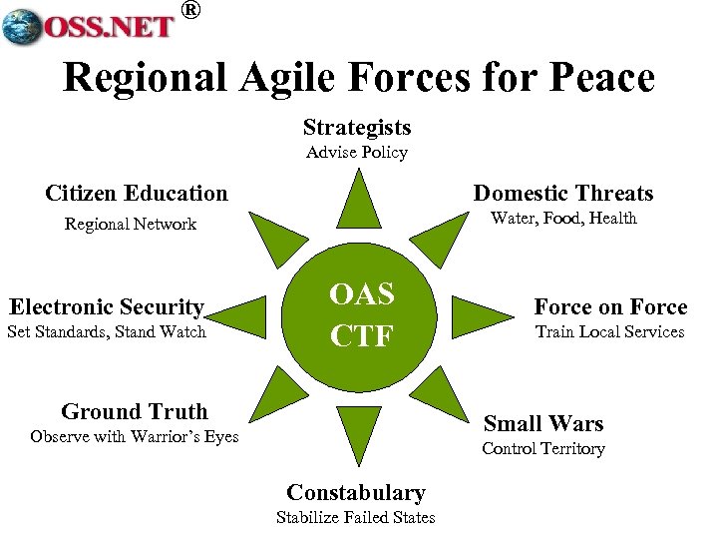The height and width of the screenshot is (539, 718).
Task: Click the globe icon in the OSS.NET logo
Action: coord(24,28)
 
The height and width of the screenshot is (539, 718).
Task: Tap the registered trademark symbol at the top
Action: coord(191,11)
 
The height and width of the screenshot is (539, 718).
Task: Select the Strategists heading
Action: coord(357,128)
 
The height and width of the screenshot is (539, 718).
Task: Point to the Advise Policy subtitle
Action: coord(357,153)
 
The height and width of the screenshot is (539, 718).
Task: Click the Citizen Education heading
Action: coord(137,193)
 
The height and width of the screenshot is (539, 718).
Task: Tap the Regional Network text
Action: coord(131,224)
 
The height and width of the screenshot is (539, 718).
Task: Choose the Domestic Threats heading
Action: coord(563,193)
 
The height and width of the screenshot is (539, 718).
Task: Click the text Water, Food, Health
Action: coord(564,219)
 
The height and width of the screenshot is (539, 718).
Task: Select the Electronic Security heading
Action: coord(107,307)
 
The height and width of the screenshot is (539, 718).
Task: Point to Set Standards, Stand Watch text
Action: coord(107,331)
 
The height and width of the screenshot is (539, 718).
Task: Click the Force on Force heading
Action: coord(610,306)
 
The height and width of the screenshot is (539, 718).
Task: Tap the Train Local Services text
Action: coord(610,331)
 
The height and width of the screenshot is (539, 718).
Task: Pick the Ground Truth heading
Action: coord(135,411)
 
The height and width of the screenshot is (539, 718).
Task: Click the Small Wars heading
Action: coord(543,423)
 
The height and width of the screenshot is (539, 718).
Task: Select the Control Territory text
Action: coord(543,449)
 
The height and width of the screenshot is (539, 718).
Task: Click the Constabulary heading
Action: coord(356,492)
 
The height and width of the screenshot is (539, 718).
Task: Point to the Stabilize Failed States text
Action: coord(356,517)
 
